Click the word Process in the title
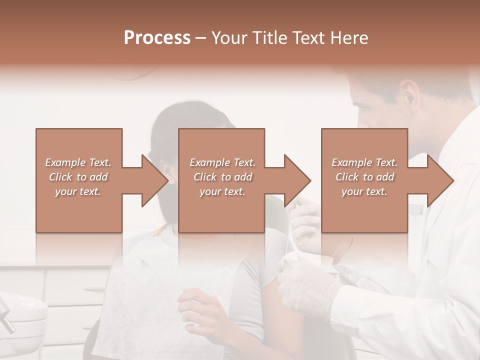tap(157, 38)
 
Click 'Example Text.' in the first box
tap(78, 162)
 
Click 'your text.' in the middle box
tap(222, 191)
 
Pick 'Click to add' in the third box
tap(365, 177)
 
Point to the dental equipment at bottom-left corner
tap(20, 315)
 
